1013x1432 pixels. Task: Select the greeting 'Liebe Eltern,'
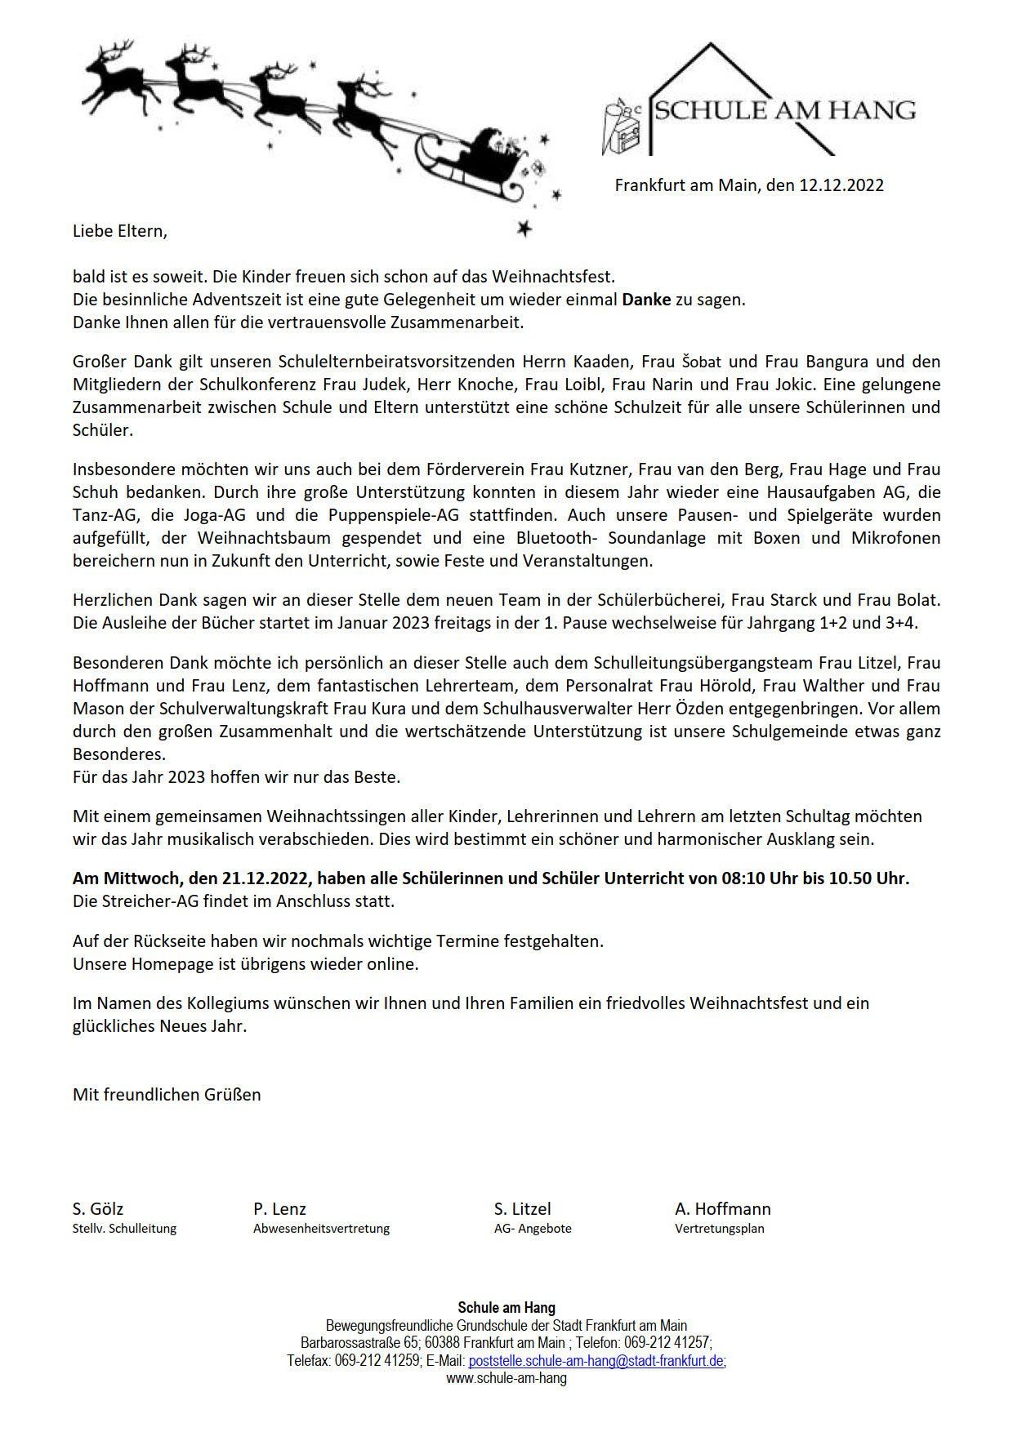(119, 231)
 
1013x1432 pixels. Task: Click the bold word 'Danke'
(646, 300)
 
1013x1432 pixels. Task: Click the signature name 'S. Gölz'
(98, 1209)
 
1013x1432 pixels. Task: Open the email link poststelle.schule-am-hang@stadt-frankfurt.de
(596, 1362)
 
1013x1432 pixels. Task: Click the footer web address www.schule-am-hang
(506, 1379)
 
